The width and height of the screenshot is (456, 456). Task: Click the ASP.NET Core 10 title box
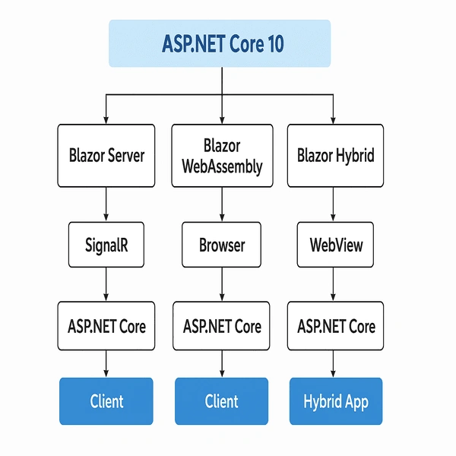[220, 43]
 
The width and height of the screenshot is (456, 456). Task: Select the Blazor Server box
[106, 156]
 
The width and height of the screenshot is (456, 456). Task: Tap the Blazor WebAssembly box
[222, 156]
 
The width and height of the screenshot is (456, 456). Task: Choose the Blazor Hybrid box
[335, 156]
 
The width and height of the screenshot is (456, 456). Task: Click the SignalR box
[106, 245]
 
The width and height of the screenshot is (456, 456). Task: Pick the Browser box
[222, 245]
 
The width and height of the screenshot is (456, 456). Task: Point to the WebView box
[335, 245]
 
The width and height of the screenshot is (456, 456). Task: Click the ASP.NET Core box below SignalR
[106, 326]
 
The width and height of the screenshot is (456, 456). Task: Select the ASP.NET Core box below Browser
[221, 326]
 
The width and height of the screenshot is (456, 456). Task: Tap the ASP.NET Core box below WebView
[335, 326]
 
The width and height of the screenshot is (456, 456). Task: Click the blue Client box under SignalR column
[106, 401]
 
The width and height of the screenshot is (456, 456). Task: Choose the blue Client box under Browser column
[222, 401]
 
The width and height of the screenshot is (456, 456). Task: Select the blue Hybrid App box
[336, 401]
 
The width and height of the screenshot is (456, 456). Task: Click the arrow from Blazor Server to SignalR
[106, 204]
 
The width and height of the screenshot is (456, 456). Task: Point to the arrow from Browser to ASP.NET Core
[222, 284]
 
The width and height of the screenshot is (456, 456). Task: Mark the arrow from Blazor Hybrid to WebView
[334, 204]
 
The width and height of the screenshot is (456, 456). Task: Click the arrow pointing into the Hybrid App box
[334, 364]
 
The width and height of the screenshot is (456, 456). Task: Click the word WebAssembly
[222, 167]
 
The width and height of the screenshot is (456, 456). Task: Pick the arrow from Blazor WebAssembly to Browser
[222, 204]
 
